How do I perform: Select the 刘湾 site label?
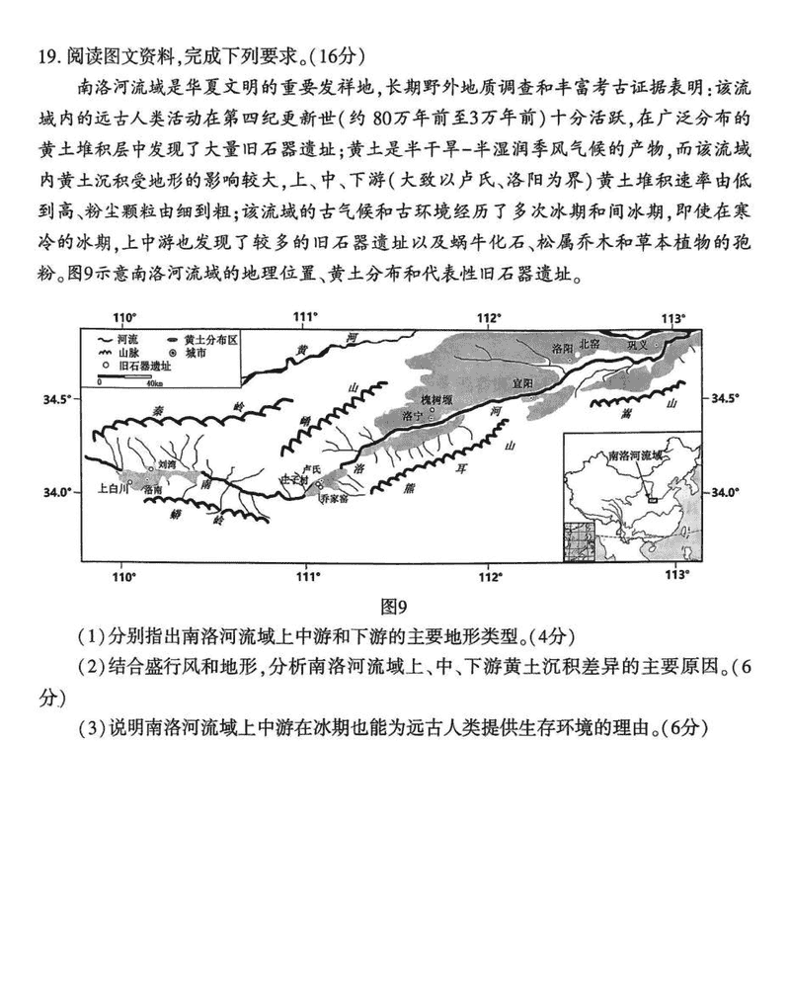coord(166,462)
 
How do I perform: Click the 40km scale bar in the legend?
coord(127,379)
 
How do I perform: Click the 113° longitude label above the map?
coord(672,318)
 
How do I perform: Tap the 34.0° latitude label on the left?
coord(59,492)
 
